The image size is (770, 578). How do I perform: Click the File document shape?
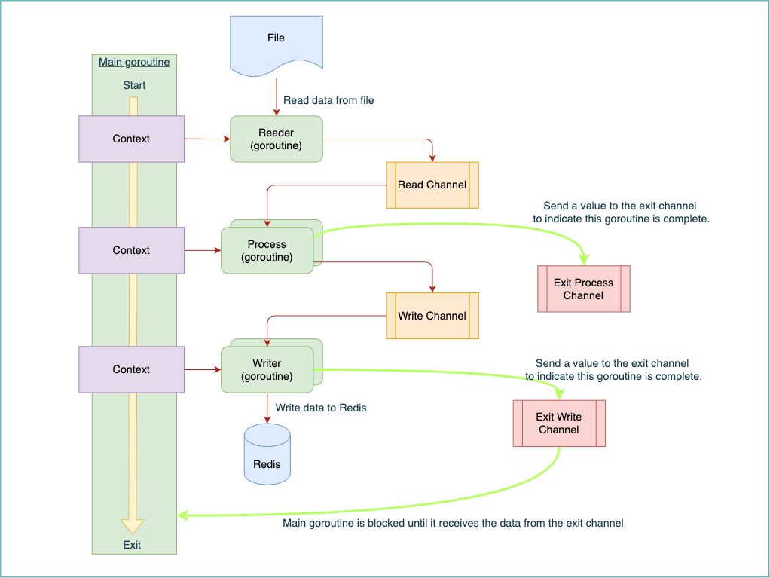pyautogui.click(x=277, y=44)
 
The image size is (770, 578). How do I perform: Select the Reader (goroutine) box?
pyautogui.click(x=277, y=139)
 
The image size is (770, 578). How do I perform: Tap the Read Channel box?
pyautogui.click(x=432, y=185)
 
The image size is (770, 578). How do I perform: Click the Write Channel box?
pyautogui.click(x=432, y=316)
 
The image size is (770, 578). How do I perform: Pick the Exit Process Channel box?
pyautogui.click(x=583, y=289)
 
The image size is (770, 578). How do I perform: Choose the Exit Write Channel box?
pyautogui.click(x=559, y=424)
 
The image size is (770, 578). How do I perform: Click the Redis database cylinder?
pyautogui.click(x=267, y=454)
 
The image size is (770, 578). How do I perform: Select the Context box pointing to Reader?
pyautogui.click(x=132, y=139)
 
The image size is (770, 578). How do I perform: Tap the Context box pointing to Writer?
pyautogui.click(x=132, y=369)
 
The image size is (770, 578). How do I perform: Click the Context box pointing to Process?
pyautogui.click(x=132, y=250)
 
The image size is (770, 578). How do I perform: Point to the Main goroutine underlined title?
pyautogui.click(x=134, y=62)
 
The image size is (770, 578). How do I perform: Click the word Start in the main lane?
pyautogui.click(x=134, y=85)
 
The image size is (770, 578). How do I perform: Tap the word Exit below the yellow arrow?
pyautogui.click(x=132, y=545)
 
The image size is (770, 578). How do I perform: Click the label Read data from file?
pyautogui.click(x=328, y=100)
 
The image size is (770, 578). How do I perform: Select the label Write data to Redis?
pyautogui.click(x=321, y=408)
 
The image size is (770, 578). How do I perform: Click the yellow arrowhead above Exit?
pyautogui.click(x=133, y=527)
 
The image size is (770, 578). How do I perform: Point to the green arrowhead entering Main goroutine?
pyautogui.click(x=182, y=515)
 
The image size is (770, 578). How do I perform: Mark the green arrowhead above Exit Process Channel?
pyautogui.click(x=584, y=258)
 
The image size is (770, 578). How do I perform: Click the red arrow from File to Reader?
pyautogui.click(x=277, y=96)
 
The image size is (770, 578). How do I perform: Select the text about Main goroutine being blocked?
pyautogui.click(x=453, y=523)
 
